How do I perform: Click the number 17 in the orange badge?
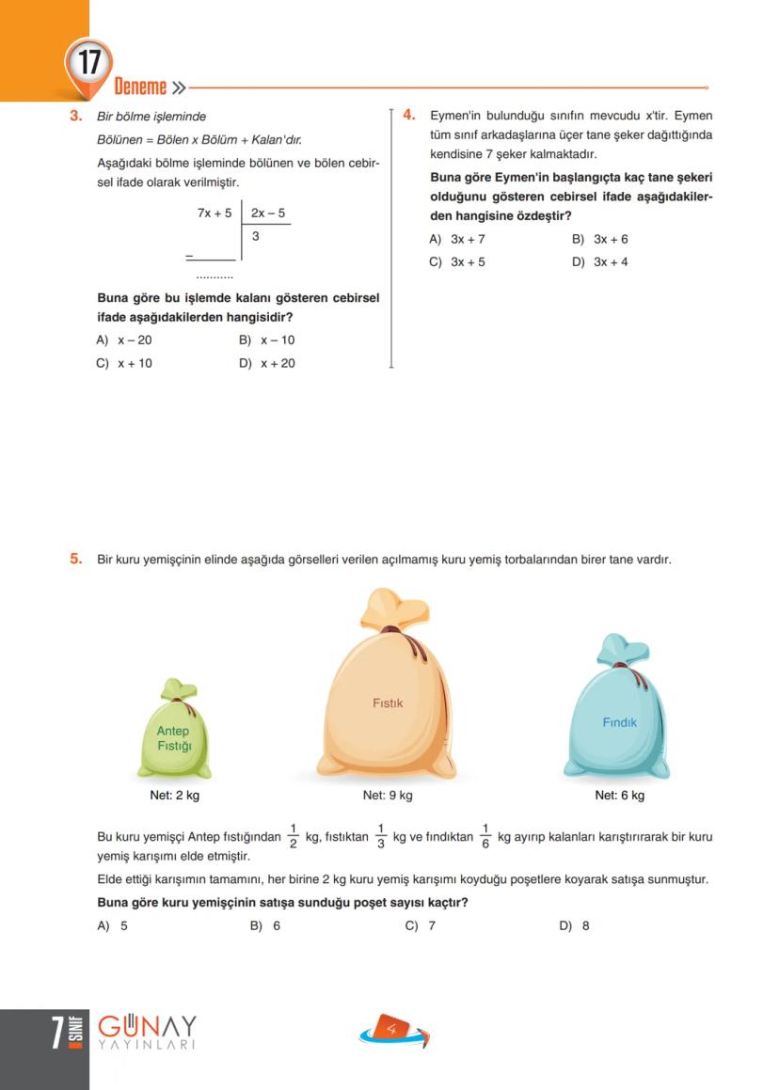pyautogui.click(x=88, y=64)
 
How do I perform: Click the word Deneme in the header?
pyautogui.click(x=140, y=88)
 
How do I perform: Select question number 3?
pyautogui.click(x=75, y=117)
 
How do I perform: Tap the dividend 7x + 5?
pyautogui.click(x=215, y=213)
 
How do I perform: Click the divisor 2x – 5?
pyautogui.click(x=268, y=213)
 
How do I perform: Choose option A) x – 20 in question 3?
pyautogui.click(x=125, y=340)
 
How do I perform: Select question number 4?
pyautogui.click(x=409, y=115)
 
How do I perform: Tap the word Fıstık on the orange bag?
pyautogui.click(x=388, y=703)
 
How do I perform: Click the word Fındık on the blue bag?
pyautogui.click(x=620, y=722)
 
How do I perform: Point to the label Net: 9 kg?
pyautogui.click(x=388, y=796)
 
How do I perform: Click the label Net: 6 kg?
pyautogui.click(x=620, y=796)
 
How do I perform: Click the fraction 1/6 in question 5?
pyautogui.click(x=485, y=835)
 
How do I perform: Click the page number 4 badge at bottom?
pyautogui.click(x=392, y=1031)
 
